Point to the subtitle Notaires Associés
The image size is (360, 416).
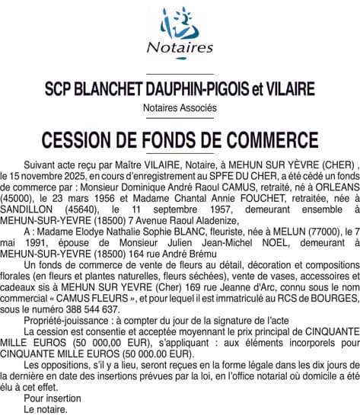pos(180,108)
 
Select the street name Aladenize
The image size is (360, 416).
pos(214,219)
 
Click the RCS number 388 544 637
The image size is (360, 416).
pos(94,309)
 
